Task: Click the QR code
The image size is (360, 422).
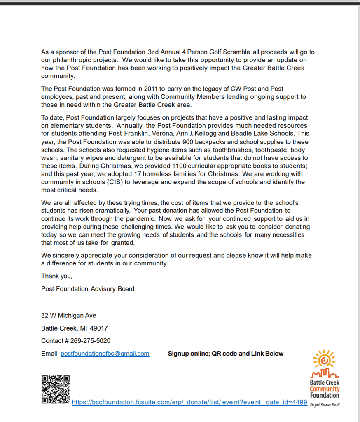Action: (56, 389)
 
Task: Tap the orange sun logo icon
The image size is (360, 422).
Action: (324, 359)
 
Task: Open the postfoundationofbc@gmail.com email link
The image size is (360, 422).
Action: (105, 354)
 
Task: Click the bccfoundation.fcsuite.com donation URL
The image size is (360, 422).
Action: (189, 402)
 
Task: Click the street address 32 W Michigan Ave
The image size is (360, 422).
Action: (68, 316)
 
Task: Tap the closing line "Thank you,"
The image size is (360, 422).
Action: (56, 276)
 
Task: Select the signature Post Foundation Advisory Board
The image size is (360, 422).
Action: (88, 289)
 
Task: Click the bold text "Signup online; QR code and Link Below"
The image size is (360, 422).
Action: (226, 354)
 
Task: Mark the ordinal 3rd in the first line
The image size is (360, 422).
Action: (152, 52)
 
